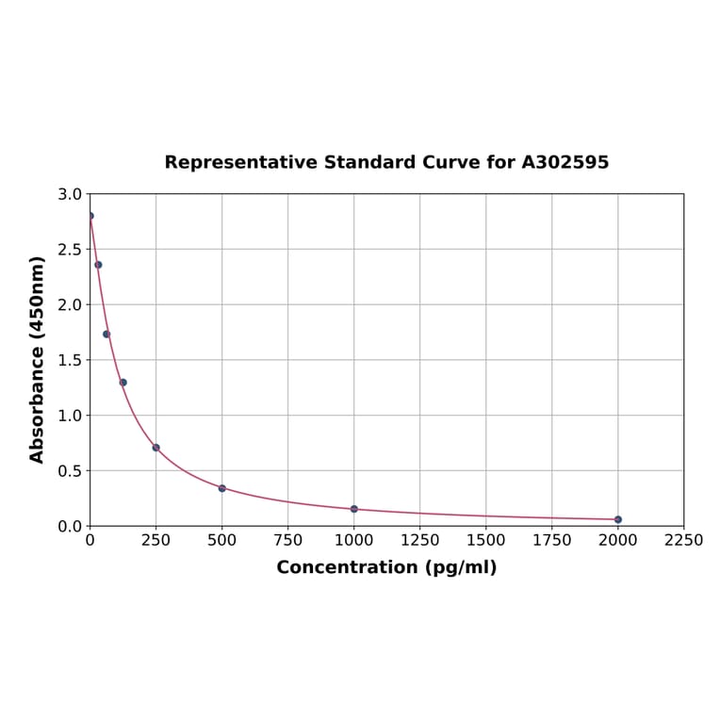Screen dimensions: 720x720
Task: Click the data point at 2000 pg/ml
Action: coord(618,519)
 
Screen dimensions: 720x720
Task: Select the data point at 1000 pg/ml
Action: coord(354,509)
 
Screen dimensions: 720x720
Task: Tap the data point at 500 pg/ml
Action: coord(222,488)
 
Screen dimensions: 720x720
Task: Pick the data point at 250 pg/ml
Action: coord(156,448)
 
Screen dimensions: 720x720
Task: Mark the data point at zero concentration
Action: coord(90,216)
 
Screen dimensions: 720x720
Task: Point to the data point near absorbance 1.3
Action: coord(123,383)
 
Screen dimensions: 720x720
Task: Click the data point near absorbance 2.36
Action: coord(98,265)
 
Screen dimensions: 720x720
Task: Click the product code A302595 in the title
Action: coord(565,162)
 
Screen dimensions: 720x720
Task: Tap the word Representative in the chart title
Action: coord(240,162)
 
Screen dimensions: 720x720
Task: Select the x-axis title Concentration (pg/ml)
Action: coord(386,567)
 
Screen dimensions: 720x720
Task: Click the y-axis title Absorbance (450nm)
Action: coord(38,359)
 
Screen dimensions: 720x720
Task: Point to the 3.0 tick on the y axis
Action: coord(70,194)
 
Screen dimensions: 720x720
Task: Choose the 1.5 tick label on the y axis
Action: coord(70,360)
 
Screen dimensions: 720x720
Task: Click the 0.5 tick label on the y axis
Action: coord(70,470)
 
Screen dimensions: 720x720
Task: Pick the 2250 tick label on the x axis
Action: coord(683,540)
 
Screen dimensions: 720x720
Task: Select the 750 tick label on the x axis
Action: coord(288,540)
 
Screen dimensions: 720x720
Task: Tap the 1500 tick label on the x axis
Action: coord(486,540)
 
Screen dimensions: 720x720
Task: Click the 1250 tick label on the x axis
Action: coord(420,540)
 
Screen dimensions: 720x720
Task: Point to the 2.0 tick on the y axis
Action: coord(70,304)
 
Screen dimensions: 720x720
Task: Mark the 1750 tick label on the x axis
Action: coord(552,540)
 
